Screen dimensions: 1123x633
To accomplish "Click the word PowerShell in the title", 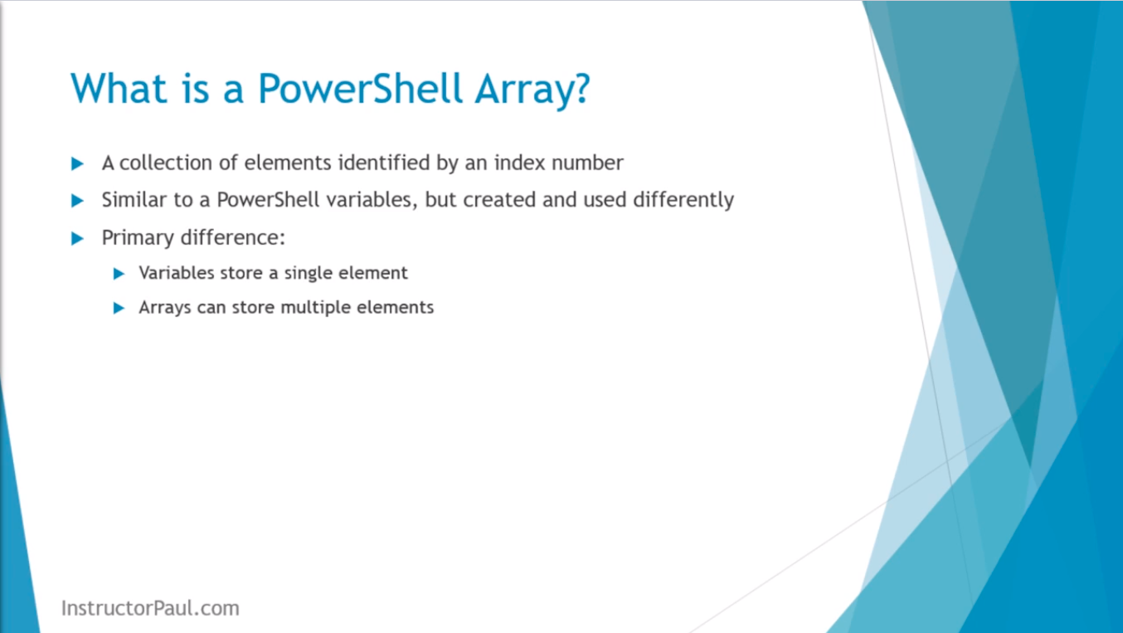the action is click(359, 88).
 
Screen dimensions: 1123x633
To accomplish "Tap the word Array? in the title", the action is click(533, 91).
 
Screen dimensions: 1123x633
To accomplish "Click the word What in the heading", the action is click(119, 88).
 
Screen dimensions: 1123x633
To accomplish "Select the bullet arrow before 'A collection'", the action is click(77, 163).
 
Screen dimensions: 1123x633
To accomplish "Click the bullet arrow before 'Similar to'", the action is click(77, 201).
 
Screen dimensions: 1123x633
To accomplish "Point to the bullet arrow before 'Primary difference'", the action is click(77, 238).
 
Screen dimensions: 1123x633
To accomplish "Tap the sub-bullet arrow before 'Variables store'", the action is click(119, 274).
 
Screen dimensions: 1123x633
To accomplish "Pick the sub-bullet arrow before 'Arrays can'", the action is click(119, 308).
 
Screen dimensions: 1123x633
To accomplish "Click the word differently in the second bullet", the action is click(683, 201).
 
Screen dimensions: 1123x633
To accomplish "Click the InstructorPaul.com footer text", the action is click(150, 608).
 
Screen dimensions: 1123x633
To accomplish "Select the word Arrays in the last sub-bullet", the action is click(164, 308).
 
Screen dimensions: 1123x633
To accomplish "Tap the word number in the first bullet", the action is click(587, 163).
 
